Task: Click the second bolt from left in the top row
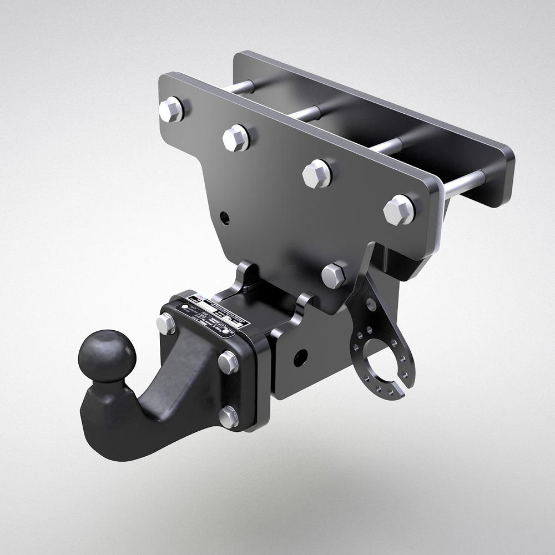coord(236,137)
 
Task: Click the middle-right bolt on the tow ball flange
coord(228,362)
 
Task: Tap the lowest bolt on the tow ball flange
coord(228,416)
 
